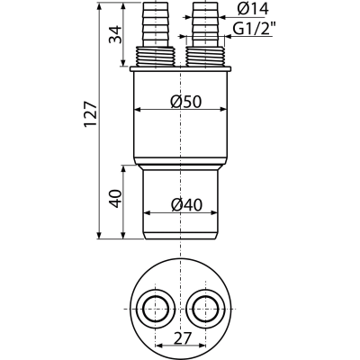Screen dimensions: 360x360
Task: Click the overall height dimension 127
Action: [x=91, y=114]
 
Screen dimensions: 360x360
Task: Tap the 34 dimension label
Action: [x=116, y=35]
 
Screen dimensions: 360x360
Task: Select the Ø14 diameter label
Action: [x=253, y=9]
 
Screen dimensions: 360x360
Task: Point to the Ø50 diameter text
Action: [x=185, y=102]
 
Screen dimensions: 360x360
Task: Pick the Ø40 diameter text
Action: [x=186, y=205]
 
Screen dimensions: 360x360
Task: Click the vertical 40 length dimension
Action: [x=116, y=198]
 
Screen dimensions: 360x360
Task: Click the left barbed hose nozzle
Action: [x=155, y=24]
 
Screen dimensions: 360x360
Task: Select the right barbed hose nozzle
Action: [x=205, y=24]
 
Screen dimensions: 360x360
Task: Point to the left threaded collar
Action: [x=155, y=57]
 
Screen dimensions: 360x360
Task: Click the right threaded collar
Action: [x=205, y=57]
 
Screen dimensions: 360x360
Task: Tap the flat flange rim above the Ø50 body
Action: [x=180, y=69]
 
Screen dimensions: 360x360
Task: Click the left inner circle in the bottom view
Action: [x=155, y=309]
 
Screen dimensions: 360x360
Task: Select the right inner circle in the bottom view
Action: [x=205, y=309]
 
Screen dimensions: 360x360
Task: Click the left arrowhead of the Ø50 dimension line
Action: [x=138, y=110]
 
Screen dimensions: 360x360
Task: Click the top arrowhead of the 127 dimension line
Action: [x=99, y=6]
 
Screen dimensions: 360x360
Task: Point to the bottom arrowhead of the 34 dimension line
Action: [x=123, y=62]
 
